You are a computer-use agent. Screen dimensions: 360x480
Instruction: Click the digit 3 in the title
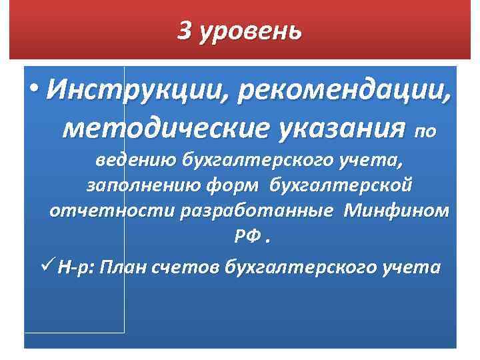click(185, 31)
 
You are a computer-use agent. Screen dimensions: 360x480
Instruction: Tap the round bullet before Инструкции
click(35, 88)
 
